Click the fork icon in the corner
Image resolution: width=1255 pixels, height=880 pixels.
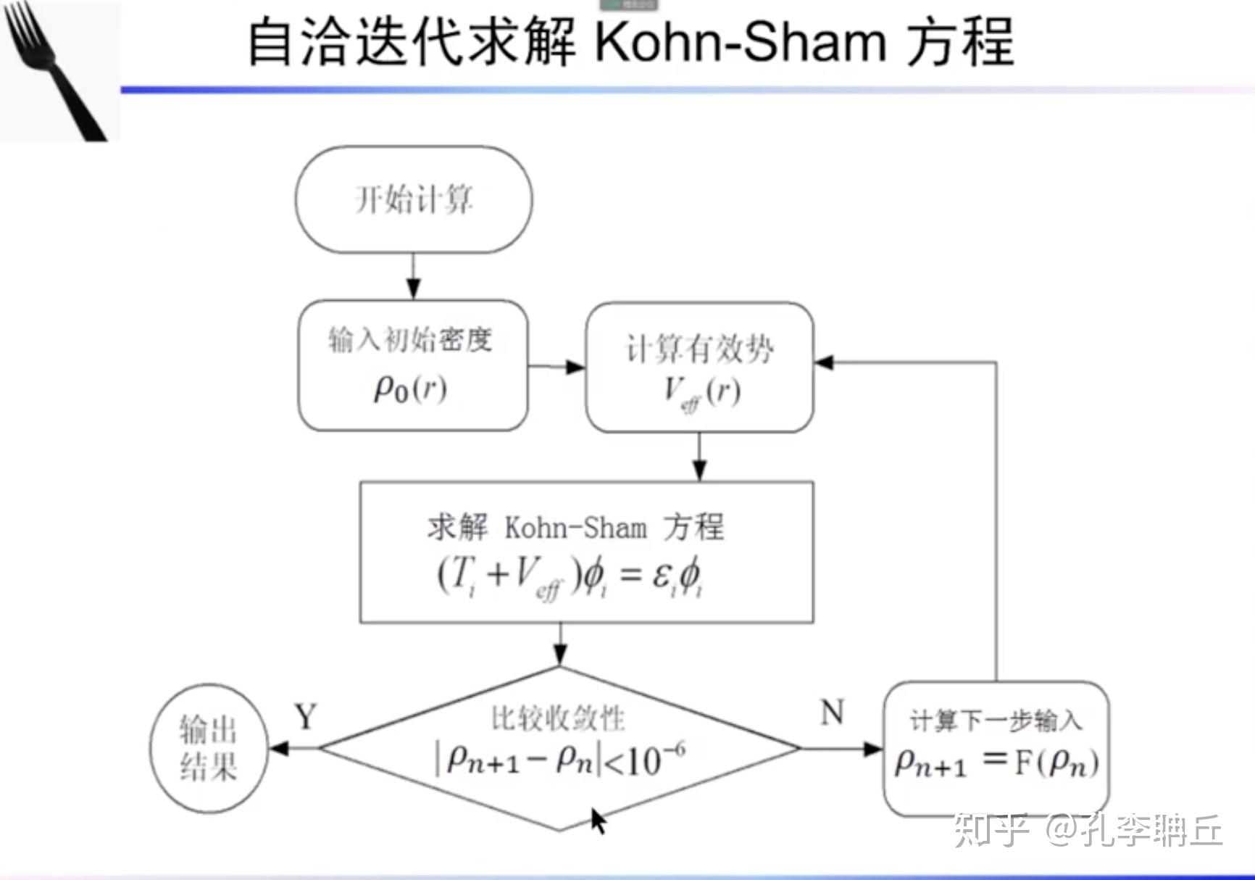pyautogui.click(x=54, y=70)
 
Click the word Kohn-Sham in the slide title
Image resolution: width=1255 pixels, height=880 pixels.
pyautogui.click(x=740, y=41)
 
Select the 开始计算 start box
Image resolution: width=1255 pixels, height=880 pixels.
pyautogui.click(x=414, y=199)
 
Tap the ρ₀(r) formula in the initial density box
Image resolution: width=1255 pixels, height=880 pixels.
pyautogui.click(x=410, y=389)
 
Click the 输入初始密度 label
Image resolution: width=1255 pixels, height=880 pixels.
pyautogui.click(x=410, y=339)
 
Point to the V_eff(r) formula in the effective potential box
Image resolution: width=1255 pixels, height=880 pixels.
pyautogui.click(x=702, y=394)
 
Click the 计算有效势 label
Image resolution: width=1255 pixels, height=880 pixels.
pyautogui.click(x=699, y=349)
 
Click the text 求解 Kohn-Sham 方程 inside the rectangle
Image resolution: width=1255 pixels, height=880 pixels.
pyautogui.click(x=575, y=527)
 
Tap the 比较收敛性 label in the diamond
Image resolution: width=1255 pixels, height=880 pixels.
pyautogui.click(x=558, y=718)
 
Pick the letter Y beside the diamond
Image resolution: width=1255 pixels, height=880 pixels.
pyautogui.click(x=306, y=717)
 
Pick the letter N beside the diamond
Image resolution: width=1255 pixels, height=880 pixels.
pyautogui.click(x=833, y=713)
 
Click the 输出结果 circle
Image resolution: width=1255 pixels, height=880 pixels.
pyautogui.click(x=209, y=748)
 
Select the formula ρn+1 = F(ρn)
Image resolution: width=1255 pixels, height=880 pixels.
pyautogui.click(x=997, y=763)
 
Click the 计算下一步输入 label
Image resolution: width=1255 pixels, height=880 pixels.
pyautogui.click(x=996, y=721)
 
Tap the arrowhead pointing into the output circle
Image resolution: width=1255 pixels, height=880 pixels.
pyautogui.click(x=279, y=748)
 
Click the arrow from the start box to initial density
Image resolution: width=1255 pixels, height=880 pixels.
pyautogui.click(x=413, y=276)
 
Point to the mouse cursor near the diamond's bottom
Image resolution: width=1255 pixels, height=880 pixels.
pyautogui.click(x=599, y=821)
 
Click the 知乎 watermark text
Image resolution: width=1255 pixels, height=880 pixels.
pyautogui.click(x=991, y=829)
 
